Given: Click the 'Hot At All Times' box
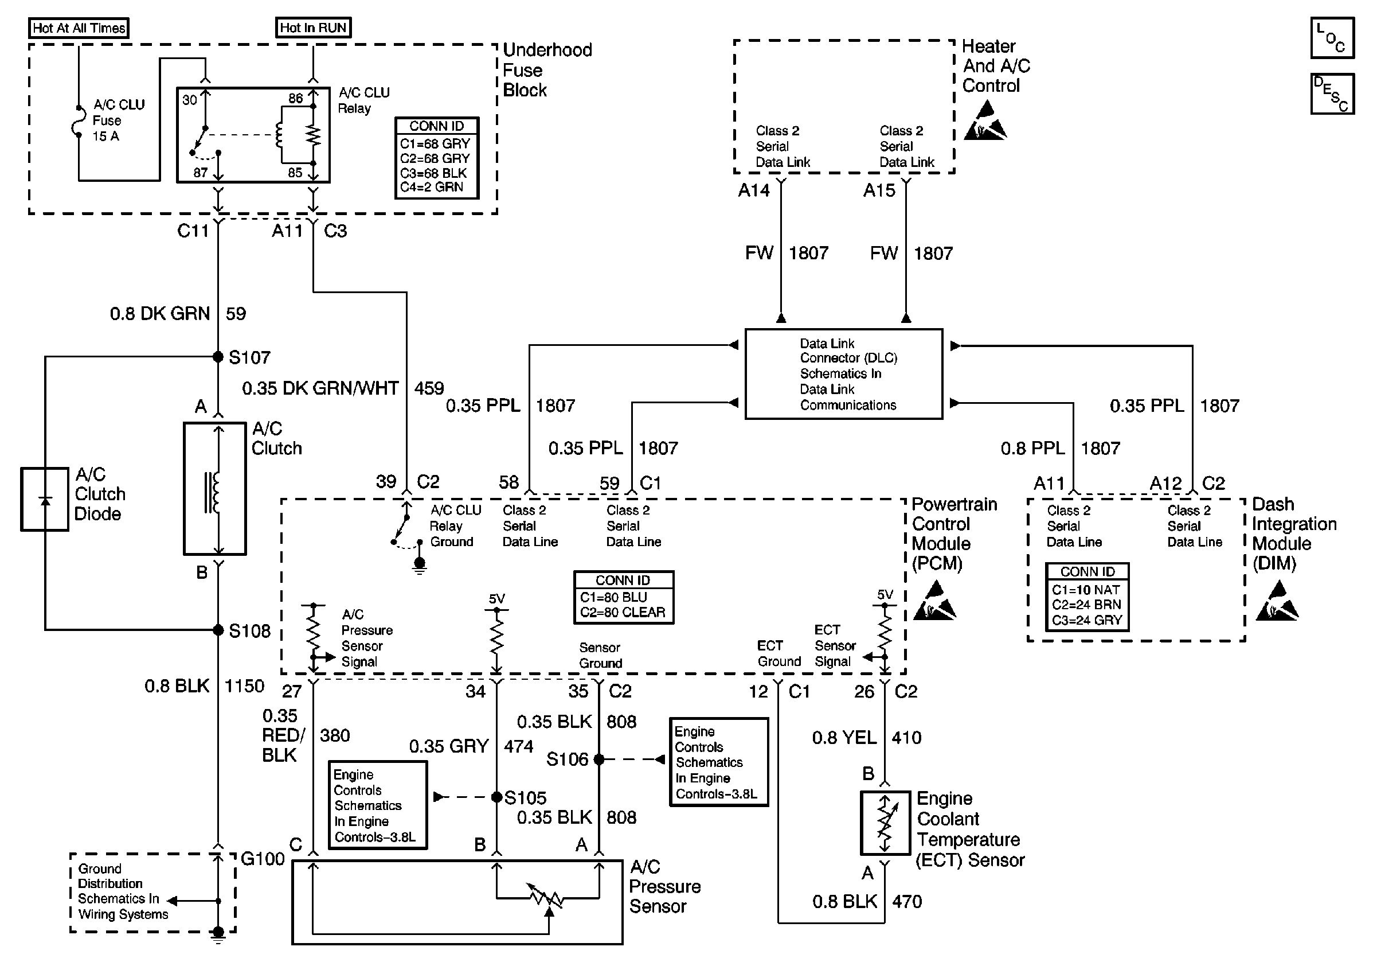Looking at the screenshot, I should [79, 28].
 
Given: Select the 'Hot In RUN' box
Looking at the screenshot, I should [313, 28].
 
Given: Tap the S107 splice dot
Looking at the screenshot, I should [218, 357].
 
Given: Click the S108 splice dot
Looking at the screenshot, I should [218, 630].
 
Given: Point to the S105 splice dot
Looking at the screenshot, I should [496, 797].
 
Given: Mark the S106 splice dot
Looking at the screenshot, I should [598, 759].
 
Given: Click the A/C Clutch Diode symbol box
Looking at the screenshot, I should [44, 499].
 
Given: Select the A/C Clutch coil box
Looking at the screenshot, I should [215, 488].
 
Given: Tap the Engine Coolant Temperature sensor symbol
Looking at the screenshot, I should [885, 823].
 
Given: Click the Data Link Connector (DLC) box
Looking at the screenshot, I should [844, 374].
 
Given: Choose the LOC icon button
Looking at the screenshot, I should [1332, 38].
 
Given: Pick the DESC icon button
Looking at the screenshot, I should [1332, 94].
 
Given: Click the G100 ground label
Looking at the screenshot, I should [263, 859].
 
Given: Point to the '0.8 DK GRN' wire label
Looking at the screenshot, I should [159, 314].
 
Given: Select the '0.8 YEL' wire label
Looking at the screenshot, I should [844, 737].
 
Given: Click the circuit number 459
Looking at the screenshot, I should [429, 388].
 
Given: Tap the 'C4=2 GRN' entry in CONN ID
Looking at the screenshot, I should [432, 187].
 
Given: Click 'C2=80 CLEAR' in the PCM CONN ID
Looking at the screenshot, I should [623, 613].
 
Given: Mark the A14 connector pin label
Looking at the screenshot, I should [753, 191].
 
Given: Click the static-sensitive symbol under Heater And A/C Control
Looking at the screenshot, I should [984, 121].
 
